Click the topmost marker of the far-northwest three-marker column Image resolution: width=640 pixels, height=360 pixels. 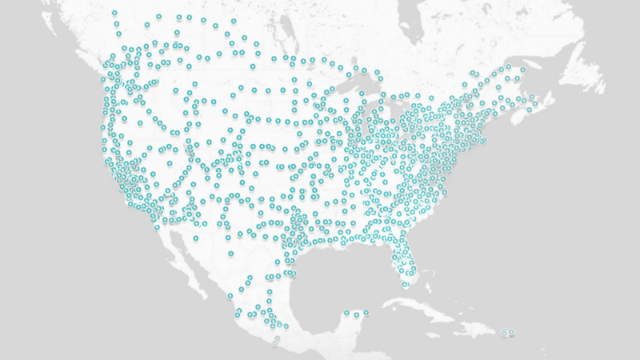114,14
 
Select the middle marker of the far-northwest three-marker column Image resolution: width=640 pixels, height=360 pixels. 117,24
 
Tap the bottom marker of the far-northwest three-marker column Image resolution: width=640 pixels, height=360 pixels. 118,34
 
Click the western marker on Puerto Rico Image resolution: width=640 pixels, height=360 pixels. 504,332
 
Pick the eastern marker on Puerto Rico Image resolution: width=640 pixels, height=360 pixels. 512,332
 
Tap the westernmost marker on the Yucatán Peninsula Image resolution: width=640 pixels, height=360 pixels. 346,313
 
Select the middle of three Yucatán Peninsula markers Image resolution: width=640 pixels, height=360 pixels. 356,314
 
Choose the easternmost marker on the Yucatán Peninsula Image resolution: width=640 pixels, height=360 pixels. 366,312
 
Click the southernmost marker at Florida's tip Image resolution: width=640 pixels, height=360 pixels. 406,284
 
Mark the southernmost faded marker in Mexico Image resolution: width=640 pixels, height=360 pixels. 277,339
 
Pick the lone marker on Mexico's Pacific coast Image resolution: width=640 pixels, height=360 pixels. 230,254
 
